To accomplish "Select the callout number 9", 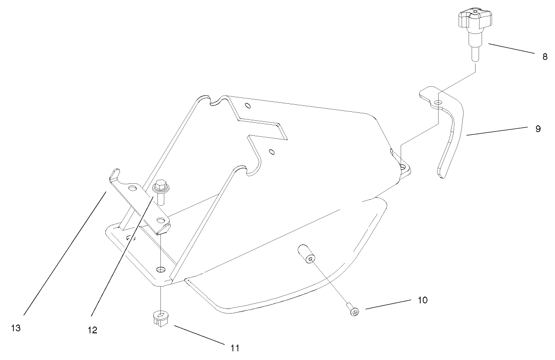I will (x=538, y=128).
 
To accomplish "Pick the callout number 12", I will (x=92, y=330).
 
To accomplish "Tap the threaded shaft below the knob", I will (x=475, y=52).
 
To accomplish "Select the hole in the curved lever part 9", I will (x=438, y=102).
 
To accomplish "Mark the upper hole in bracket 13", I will (x=132, y=189).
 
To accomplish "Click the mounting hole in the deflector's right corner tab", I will (x=403, y=166).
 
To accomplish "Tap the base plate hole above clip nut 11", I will (x=160, y=270).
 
